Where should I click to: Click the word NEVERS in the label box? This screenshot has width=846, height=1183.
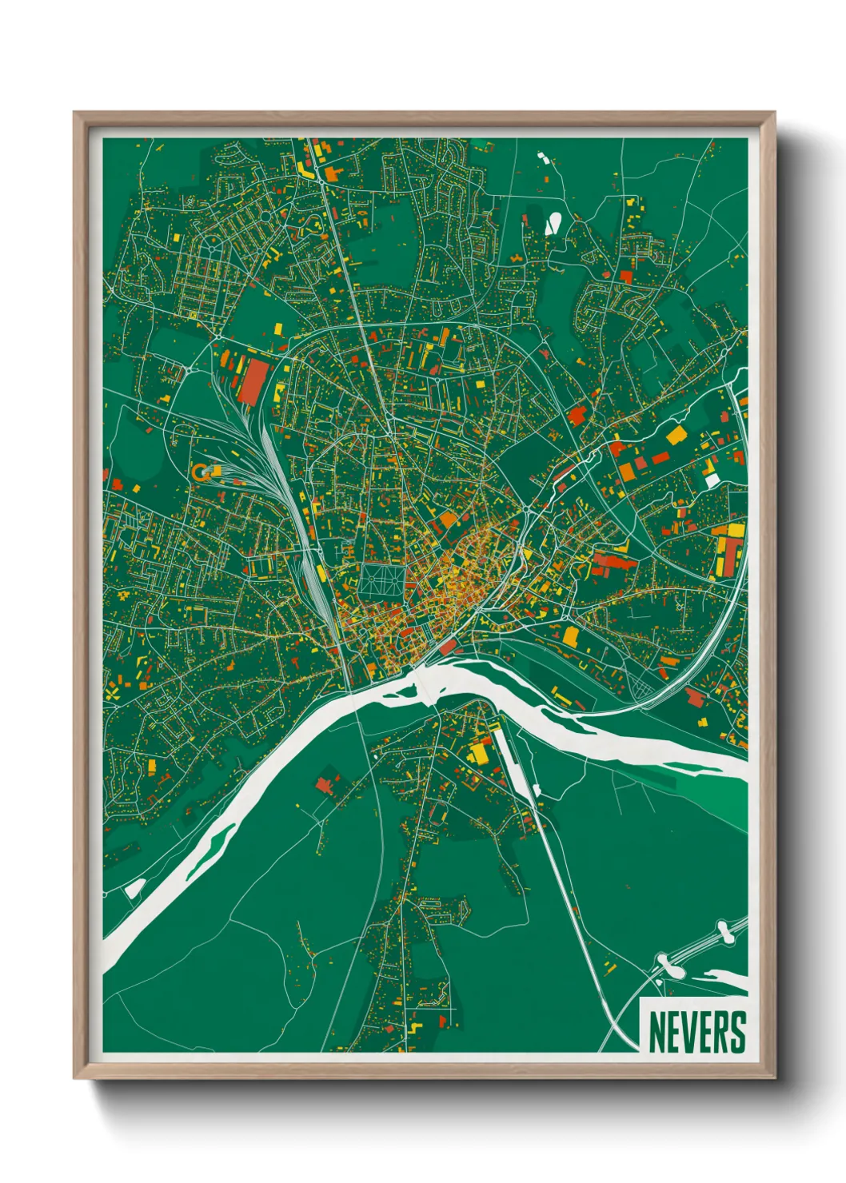[x=696, y=1033]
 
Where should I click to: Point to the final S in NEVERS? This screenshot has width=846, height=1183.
[x=737, y=1033]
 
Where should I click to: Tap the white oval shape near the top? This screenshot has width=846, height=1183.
[x=553, y=224]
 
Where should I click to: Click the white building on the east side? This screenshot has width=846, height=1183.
[x=712, y=480]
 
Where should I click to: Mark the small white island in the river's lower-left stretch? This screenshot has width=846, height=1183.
[x=134, y=888]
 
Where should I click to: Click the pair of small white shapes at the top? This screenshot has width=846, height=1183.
[x=543, y=157]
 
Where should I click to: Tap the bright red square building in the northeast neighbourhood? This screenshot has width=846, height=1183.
[x=626, y=277]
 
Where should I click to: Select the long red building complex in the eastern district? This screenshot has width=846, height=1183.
[x=613, y=562]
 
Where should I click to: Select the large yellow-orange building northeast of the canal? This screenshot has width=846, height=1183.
[x=676, y=435]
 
